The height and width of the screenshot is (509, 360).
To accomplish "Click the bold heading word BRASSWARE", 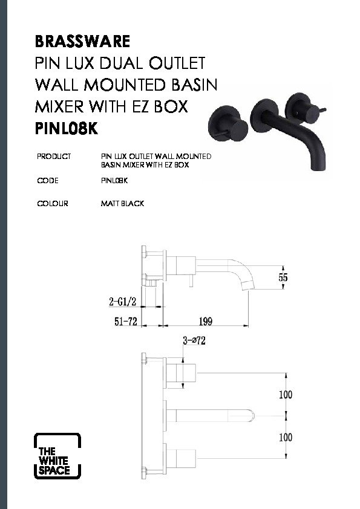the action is [82, 41].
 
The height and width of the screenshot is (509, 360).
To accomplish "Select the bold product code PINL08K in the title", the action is [67, 129].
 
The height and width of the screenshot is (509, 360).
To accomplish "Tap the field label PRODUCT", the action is [54, 157].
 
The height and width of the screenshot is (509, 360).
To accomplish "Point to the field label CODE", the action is [48, 181].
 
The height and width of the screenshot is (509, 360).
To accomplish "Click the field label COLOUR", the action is [53, 204].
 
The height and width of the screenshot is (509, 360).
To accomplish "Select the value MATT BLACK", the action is [122, 204].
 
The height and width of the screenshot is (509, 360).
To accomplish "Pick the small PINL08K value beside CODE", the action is [114, 181].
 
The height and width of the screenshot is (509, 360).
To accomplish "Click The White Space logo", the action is [57, 456].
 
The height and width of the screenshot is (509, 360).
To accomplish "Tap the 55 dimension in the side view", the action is [283, 277].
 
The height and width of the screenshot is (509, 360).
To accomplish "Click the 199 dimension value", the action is [206, 322].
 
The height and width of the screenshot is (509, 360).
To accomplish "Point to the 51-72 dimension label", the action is [126, 322].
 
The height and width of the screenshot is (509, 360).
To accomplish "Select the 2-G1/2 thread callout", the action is [122, 302].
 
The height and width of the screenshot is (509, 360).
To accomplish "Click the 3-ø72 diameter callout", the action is [194, 340].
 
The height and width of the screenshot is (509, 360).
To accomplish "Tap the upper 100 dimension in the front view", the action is [286, 395].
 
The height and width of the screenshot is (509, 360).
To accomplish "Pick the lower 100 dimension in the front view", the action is [286, 437].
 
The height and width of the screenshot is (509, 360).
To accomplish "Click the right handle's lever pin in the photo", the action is [323, 111].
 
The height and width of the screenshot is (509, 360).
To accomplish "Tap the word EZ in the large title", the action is [142, 106].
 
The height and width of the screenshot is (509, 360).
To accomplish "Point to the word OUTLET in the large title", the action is [177, 63].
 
